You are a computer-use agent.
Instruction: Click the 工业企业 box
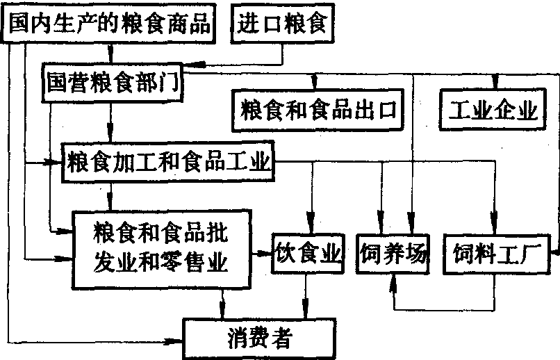pos(494,109)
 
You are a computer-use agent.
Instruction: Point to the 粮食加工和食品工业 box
pos(167,164)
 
